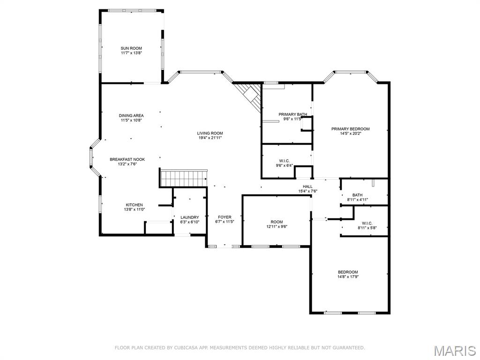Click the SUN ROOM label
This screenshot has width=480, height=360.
click(x=131, y=48)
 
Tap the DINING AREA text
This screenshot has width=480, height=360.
click(x=131, y=115)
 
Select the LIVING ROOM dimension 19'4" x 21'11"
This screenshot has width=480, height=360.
click(x=210, y=138)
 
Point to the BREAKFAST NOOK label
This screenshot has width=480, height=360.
click(x=127, y=159)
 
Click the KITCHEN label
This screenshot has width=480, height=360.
click(x=134, y=205)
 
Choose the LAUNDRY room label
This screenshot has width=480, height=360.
click(x=190, y=217)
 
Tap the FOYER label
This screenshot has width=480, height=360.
click(x=225, y=217)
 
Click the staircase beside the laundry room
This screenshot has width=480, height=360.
click(x=184, y=179)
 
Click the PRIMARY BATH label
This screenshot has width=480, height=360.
click(x=292, y=114)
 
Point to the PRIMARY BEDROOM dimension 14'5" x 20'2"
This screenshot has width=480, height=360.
click(x=350, y=134)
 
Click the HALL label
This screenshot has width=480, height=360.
click(x=307, y=186)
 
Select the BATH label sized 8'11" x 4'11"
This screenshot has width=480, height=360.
click(x=357, y=195)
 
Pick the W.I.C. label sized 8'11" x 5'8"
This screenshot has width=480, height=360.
click(x=367, y=223)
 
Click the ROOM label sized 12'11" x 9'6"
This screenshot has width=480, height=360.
click(x=277, y=222)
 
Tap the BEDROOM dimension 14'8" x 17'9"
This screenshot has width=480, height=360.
click(x=348, y=277)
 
